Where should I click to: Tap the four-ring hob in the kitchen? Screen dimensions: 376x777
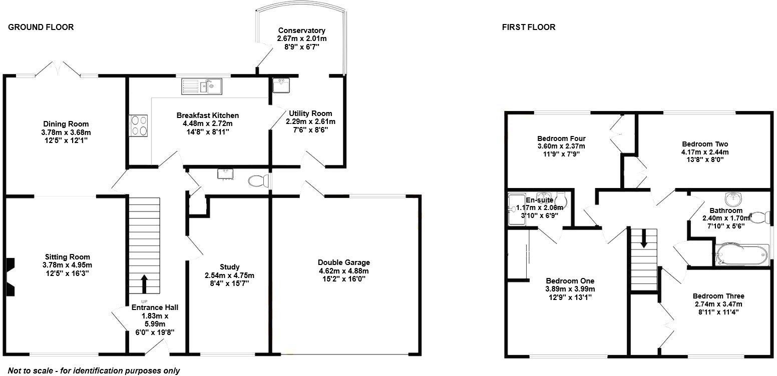[139, 125]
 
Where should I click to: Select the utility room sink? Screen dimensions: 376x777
[281, 85]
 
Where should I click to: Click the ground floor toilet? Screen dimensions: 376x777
[259, 180]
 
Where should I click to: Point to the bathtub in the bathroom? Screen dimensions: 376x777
[741, 254]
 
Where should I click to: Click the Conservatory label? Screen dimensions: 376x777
[301, 30]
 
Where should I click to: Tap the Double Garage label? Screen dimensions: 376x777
[343, 262]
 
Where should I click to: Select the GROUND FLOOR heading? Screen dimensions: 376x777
[41, 27]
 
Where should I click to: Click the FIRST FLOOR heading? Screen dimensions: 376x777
[528, 27]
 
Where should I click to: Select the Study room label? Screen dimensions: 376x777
[229, 267]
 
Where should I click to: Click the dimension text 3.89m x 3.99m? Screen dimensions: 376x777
[570, 289]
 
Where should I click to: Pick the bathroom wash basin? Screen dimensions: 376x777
[735, 199]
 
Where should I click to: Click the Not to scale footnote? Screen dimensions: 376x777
[94, 370]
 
